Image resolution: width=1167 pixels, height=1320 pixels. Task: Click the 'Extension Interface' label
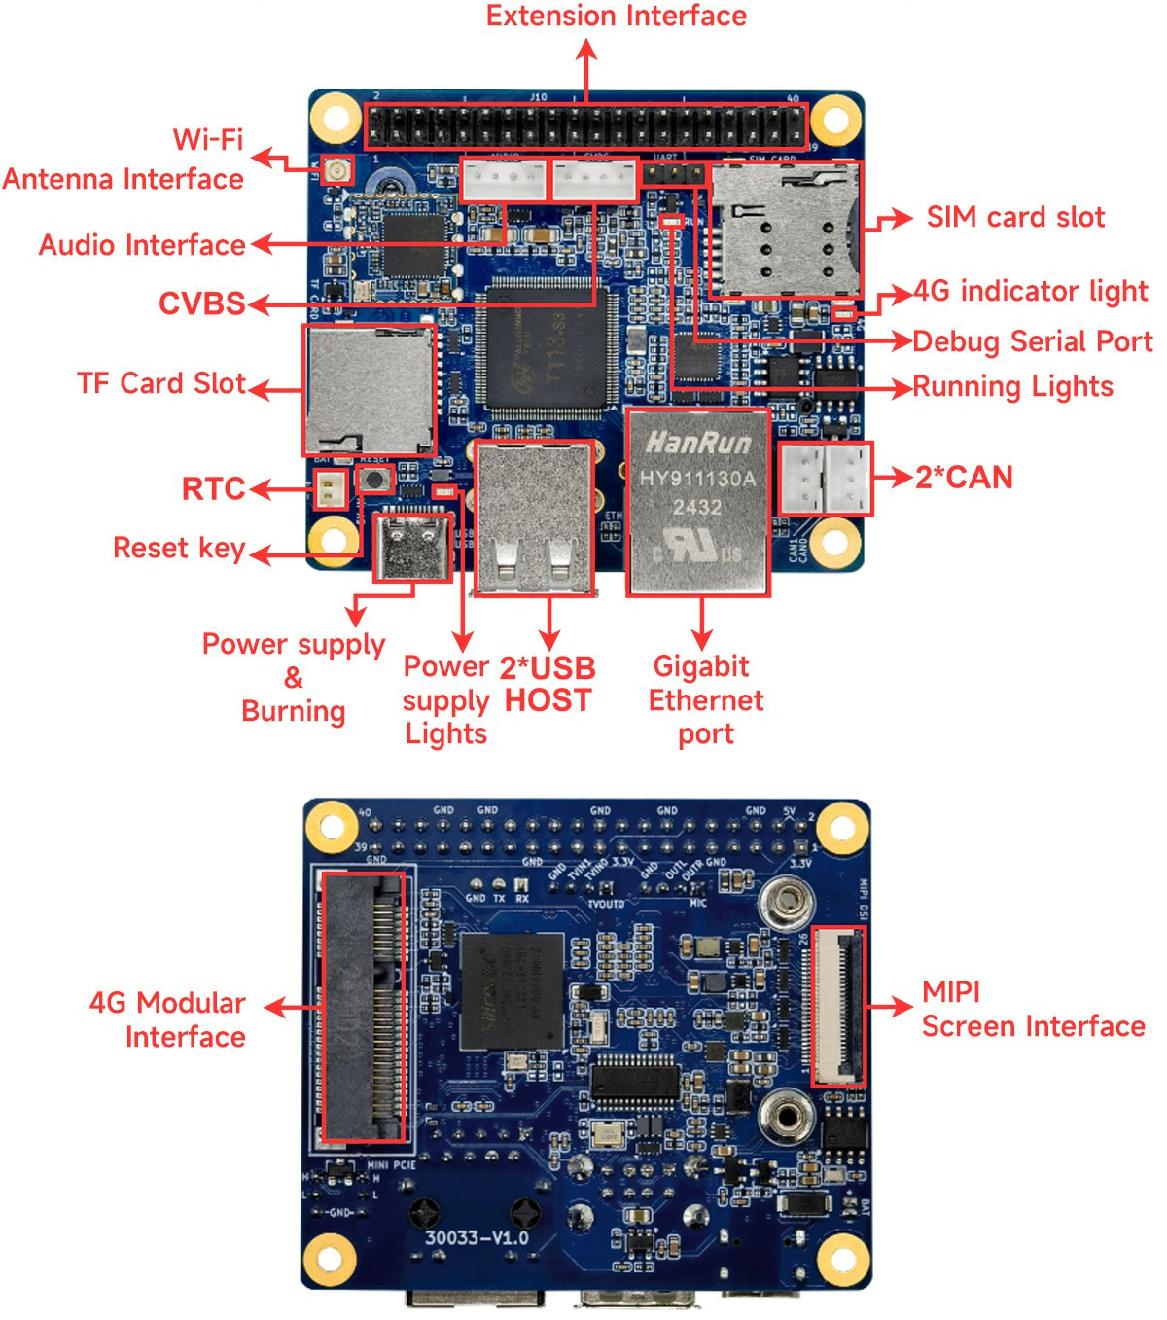point(616,17)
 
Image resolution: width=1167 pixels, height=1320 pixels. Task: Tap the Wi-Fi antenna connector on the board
point(336,172)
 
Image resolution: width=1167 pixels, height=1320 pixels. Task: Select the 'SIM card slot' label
point(1014,217)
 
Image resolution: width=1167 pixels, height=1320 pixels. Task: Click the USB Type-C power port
point(413,547)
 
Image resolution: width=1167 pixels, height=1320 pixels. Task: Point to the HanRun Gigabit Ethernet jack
point(697,502)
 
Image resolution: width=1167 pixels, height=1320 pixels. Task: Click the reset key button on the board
point(374,478)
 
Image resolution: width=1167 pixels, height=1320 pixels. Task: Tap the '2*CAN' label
point(964,478)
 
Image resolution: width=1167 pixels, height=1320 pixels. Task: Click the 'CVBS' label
point(201,303)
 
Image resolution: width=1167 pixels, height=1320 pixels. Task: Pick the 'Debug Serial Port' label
point(1032,341)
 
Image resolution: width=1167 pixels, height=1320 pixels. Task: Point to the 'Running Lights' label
point(1012,387)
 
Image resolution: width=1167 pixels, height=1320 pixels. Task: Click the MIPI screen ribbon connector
point(837,1006)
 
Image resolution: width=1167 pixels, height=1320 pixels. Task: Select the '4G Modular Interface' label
point(167,1019)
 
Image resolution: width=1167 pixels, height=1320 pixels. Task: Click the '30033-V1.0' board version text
point(477,1238)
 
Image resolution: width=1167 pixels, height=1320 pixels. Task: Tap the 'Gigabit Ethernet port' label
point(705,699)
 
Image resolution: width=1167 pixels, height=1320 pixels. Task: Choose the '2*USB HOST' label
point(547,684)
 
